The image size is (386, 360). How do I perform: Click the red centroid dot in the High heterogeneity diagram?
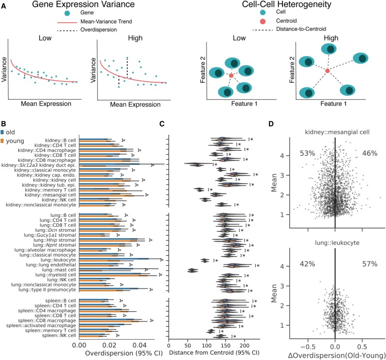327,71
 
